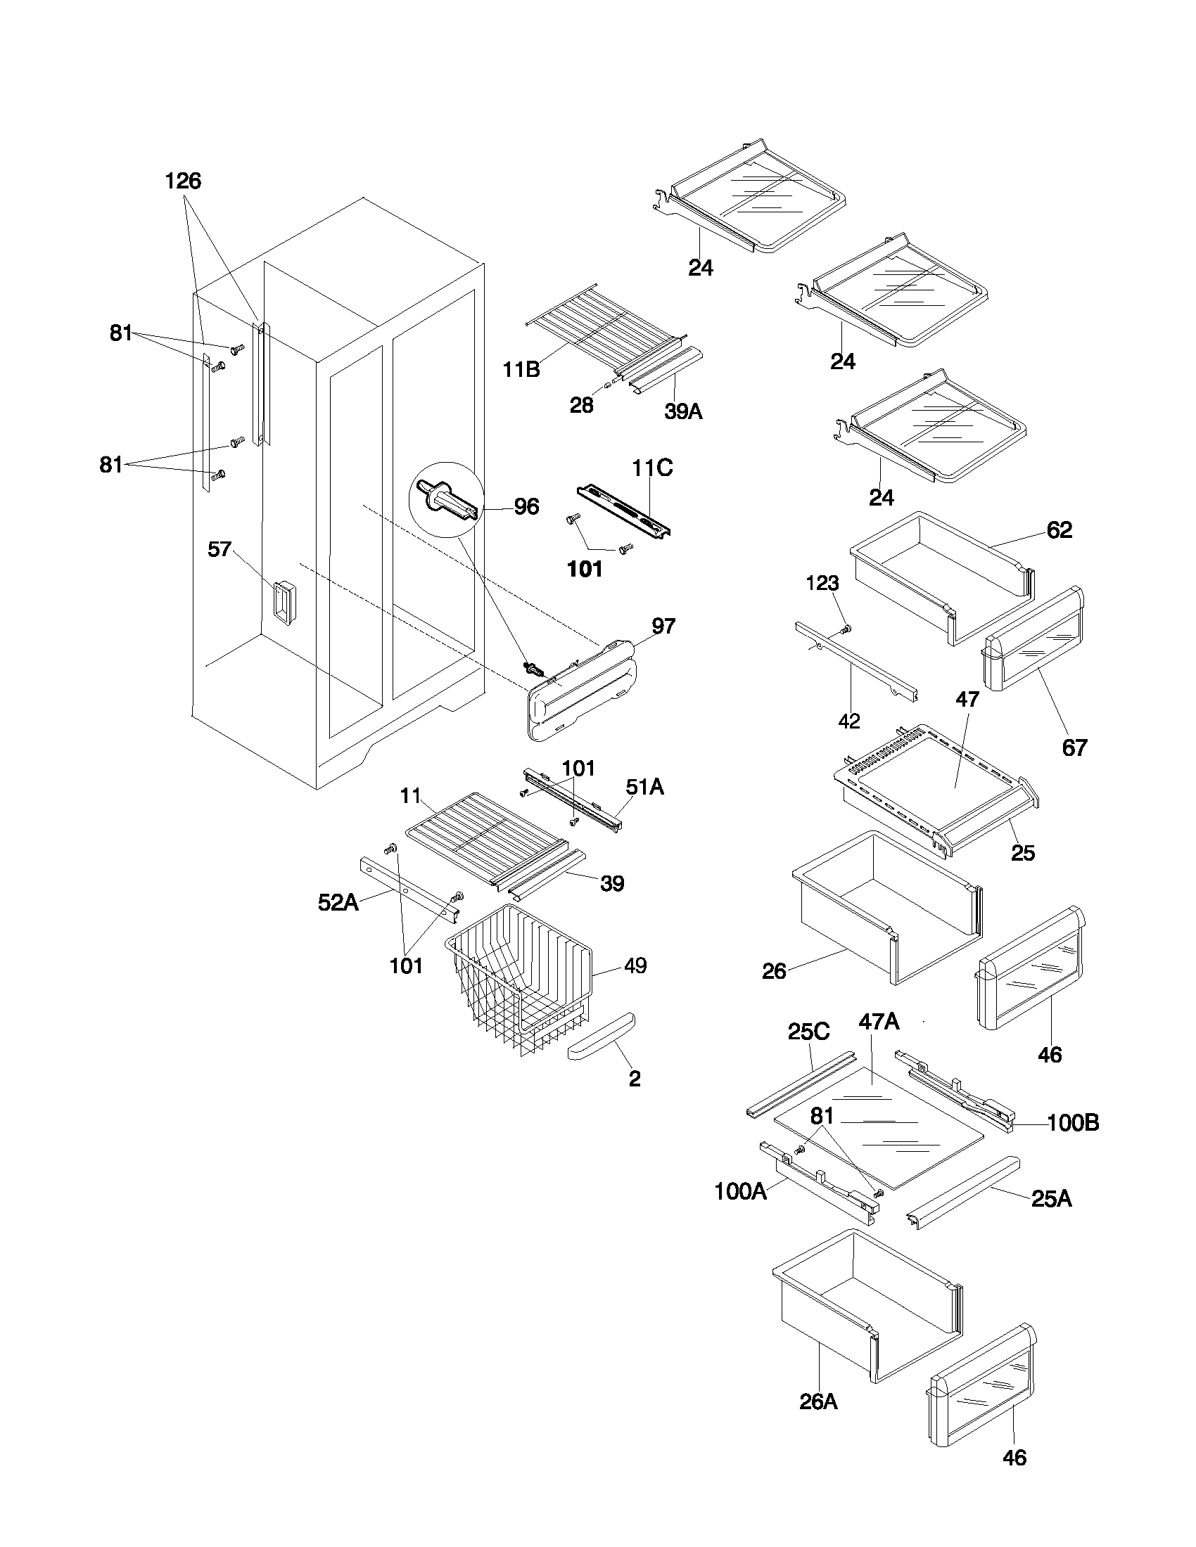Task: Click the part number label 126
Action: (x=183, y=181)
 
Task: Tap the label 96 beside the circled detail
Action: (x=526, y=507)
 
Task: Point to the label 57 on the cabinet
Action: (x=220, y=549)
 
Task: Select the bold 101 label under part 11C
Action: (x=585, y=569)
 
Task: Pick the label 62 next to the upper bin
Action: (x=1060, y=529)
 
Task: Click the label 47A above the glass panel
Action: (x=879, y=1022)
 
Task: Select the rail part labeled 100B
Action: (x=957, y=1091)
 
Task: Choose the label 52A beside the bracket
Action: (x=338, y=903)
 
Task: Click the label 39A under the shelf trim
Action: (x=683, y=411)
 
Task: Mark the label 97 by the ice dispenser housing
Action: (x=663, y=626)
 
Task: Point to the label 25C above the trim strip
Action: (x=808, y=1032)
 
